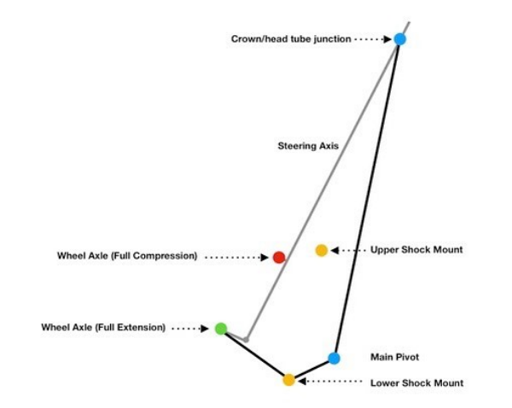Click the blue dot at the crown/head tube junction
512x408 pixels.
coord(399,38)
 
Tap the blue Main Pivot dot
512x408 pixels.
coord(334,358)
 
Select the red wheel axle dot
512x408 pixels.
coord(278,257)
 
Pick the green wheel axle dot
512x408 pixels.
coord(221,328)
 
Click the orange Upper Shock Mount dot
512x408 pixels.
coord(321,250)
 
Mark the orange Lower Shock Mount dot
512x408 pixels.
coord(288,380)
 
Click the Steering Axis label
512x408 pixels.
coord(308,146)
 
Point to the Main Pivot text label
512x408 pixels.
coord(393,356)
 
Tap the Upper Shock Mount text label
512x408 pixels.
coord(416,250)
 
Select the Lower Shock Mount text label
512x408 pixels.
coord(416,383)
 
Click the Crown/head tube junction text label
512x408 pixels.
coord(291,39)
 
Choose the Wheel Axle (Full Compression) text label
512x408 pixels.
coord(127,256)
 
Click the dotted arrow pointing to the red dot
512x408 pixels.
coord(237,257)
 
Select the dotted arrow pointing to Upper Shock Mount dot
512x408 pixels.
coord(347,250)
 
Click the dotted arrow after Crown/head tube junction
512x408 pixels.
coord(374,39)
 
